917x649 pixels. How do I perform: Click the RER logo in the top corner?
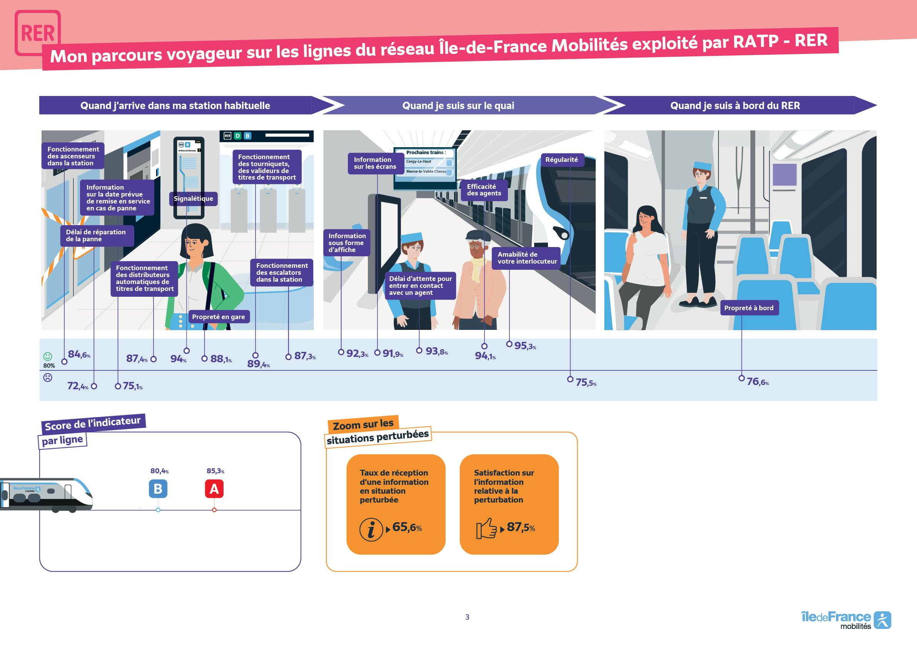pos(38,33)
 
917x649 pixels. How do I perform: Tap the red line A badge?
pos(214,489)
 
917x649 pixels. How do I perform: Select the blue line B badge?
pos(158,489)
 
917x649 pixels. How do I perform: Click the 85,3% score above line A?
pos(215,471)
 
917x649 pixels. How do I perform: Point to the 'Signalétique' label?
pos(193,199)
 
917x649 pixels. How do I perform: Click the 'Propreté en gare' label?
pos(219,317)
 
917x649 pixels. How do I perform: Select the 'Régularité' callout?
pos(561,160)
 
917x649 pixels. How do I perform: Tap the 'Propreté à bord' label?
pos(749,308)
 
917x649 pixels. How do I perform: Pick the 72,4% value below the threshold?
pos(78,386)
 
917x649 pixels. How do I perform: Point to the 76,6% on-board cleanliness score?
pos(758,382)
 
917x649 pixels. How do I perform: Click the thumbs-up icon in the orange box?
pos(486,528)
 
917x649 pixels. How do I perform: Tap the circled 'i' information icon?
pos(371,530)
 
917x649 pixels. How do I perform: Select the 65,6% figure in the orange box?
pos(407,527)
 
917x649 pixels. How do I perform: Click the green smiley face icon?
pos(48,356)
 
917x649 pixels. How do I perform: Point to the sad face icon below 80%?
pos(48,377)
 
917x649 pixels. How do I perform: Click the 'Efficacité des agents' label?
pos(484,190)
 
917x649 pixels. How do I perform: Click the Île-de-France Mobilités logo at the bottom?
pos(846,620)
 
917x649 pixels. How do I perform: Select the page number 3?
pos(467,617)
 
